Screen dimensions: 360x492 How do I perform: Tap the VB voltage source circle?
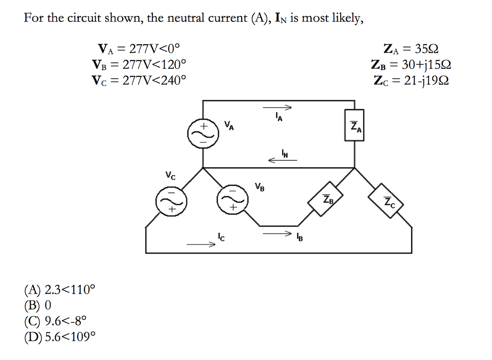[230, 199]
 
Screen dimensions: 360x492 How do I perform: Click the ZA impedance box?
[355, 127]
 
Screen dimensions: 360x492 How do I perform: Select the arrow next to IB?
[277, 234]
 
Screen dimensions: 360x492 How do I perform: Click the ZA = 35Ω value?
[411, 49]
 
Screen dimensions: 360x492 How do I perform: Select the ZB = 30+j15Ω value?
[411, 64]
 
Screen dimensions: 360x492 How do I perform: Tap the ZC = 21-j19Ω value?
[411, 80]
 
